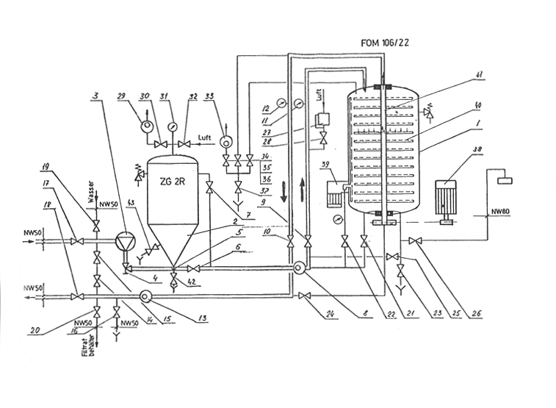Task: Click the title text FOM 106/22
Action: click(385, 43)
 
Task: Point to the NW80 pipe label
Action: click(500, 212)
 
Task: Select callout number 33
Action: click(210, 97)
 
